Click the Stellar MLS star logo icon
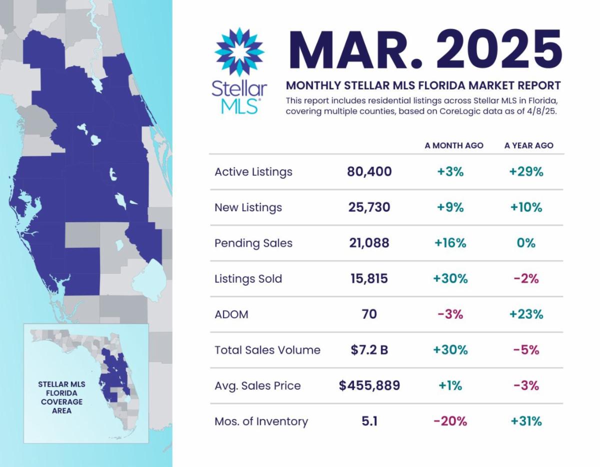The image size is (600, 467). pyautogui.click(x=239, y=52)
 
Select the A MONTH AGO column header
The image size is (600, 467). pyautogui.click(x=454, y=145)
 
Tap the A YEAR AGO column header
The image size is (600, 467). pyautogui.click(x=528, y=145)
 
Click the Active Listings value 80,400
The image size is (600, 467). pyautogui.click(x=369, y=172)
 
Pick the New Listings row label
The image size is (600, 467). pyautogui.click(x=248, y=207)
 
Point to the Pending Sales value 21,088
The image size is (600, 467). pyautogui.click(x=369, y=243)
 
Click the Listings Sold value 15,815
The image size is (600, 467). pyautogui.click(x=369, y=279)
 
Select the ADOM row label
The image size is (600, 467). pyautogui.click(x=231, y=314)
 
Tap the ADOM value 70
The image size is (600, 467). pyautogui.click(x=369, y=314)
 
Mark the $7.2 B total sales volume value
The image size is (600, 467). pyautogui.click(x=369, y=350)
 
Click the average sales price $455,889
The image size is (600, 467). pyautogui.click(x=369, y=386)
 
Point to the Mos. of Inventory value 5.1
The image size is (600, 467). pyautogui.click(x=369, y=422)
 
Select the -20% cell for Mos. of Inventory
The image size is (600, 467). pyautogui.click(x=450, y=422)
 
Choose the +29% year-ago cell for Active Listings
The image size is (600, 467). pyautogui.click(x=526, y=172)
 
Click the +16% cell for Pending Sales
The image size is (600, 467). pyautogui.click(x=451, y=243)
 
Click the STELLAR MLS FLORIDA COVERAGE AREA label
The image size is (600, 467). pyautogui.click(x=62, y=398)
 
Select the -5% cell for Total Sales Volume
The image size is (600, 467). pyautogui.click(x=526, y=350)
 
